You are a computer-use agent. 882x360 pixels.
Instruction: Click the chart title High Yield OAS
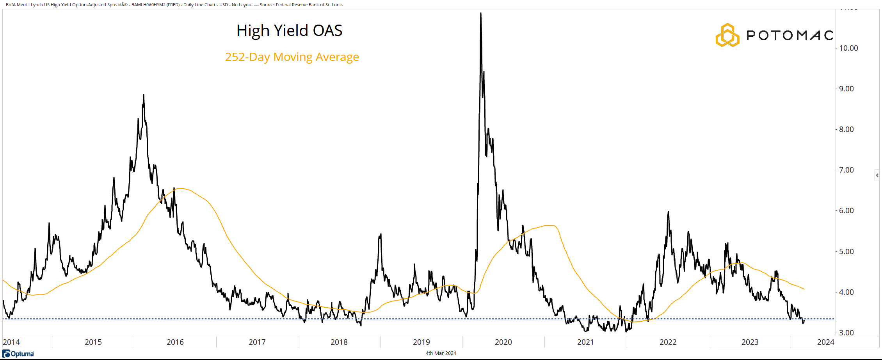point(289,30)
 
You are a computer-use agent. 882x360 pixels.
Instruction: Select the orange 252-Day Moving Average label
point(292,57)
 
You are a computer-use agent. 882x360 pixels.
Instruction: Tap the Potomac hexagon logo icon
point(727,35)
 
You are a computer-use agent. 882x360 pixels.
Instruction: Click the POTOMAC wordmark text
point(790,36)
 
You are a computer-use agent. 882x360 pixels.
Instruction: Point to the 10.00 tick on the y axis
point(848,48)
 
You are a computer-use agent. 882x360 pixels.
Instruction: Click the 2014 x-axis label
point(11,342)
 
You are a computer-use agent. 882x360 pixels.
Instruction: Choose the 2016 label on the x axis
point(175,342)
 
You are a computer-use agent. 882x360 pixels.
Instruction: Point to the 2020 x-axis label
point(503,342)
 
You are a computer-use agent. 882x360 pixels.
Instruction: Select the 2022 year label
point(668,342)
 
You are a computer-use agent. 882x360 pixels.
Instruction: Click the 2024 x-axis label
point(825,342)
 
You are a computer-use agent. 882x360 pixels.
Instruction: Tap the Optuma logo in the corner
point(18,354)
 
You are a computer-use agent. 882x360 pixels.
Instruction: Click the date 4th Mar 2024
point(441,353)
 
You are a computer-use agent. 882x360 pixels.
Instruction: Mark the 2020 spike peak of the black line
point(480,14)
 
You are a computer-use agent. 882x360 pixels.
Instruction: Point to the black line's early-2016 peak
point(144,95)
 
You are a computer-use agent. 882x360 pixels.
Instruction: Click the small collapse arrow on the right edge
point(877,175)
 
